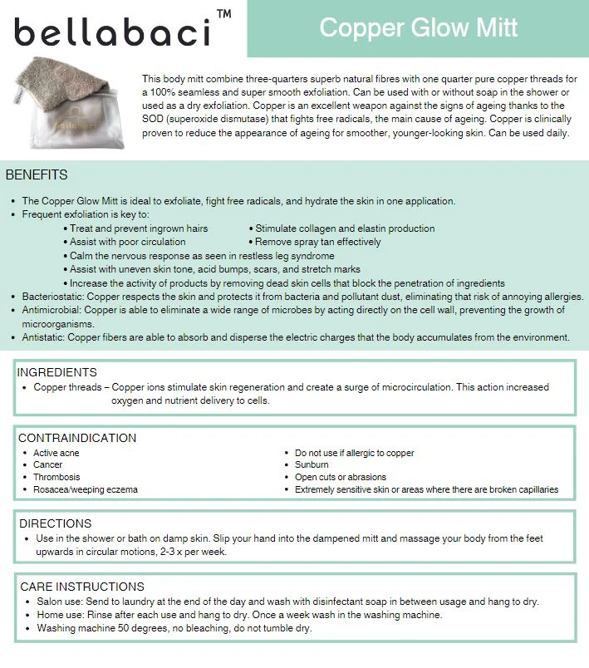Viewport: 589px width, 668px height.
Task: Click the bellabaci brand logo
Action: (111, 32)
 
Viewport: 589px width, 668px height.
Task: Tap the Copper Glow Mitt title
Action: (418, 27)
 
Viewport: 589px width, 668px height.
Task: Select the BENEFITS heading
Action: (37, 175)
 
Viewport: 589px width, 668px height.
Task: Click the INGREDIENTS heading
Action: (57, 372)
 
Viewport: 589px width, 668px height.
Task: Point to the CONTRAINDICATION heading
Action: (77, 438)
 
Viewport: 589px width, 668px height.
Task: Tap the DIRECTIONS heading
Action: (56, 523)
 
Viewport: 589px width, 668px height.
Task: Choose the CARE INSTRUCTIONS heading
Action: (82, 587)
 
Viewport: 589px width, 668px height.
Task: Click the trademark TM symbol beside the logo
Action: (223, 14)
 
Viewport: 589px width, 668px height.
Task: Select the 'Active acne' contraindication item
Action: (56, 453)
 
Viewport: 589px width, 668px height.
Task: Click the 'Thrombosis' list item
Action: (56, 478)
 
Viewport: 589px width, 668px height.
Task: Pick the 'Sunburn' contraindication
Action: (312, 465)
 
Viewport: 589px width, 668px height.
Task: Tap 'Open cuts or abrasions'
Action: (341, 478)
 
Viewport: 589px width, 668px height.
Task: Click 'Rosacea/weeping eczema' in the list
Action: (86, 489)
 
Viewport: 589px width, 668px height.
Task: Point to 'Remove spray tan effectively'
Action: (318, 242)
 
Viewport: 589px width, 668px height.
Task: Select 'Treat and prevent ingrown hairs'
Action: (139, 228)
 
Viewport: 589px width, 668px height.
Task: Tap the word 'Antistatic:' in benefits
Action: (44, 337)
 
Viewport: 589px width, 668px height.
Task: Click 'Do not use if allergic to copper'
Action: (355, 453)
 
